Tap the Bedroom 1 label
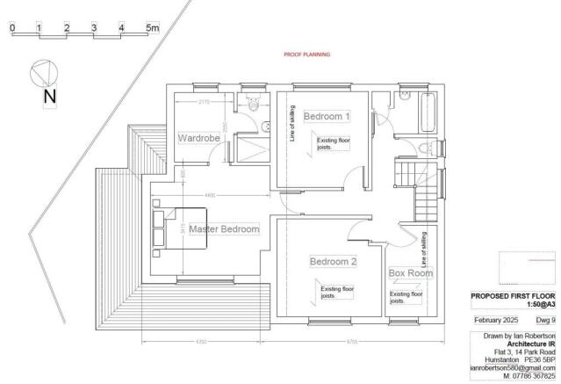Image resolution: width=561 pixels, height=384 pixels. point(327,116)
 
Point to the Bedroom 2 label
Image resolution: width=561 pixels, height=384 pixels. point(333,261)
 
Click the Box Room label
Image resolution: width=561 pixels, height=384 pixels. point(410,273)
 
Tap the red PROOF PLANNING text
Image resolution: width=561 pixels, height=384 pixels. point(306,54)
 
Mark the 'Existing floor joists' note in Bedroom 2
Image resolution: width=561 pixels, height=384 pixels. point(335,293)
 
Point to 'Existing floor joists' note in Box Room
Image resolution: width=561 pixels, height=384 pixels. point(405,297)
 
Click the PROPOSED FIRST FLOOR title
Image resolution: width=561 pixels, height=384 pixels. point(510,297)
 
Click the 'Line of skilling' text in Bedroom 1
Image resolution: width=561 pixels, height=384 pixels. point(291,123)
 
